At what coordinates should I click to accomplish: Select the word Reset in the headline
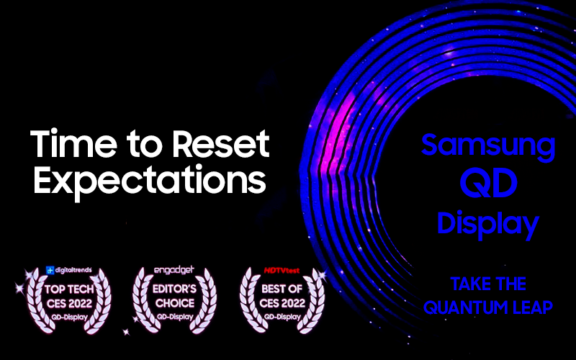(x=221, y=143)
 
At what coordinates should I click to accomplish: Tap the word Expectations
(x=150, y=181)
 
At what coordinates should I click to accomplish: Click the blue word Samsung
(x=488, y=147)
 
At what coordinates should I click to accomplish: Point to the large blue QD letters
(x=489, y=183)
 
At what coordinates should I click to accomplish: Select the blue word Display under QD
(x=488, y=224)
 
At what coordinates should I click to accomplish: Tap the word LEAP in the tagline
(x=529, y=307)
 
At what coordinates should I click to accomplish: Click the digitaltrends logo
(x=68, y=271)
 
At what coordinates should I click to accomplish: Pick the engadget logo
(x=174, y=271)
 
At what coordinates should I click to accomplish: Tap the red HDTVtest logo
(x=282, y=271)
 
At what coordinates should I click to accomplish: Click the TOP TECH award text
(x=69, y=289)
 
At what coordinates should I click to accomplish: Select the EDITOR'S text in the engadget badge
(x=174, y=289)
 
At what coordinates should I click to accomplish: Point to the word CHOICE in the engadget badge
(x=174, y=303)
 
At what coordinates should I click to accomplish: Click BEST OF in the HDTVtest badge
(x=282, y=289)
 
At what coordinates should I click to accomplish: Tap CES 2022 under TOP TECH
(x=69, y=303)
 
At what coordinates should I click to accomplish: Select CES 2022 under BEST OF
(x=282, y=303)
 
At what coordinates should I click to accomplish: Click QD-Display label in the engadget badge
(x=175, y=317)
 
